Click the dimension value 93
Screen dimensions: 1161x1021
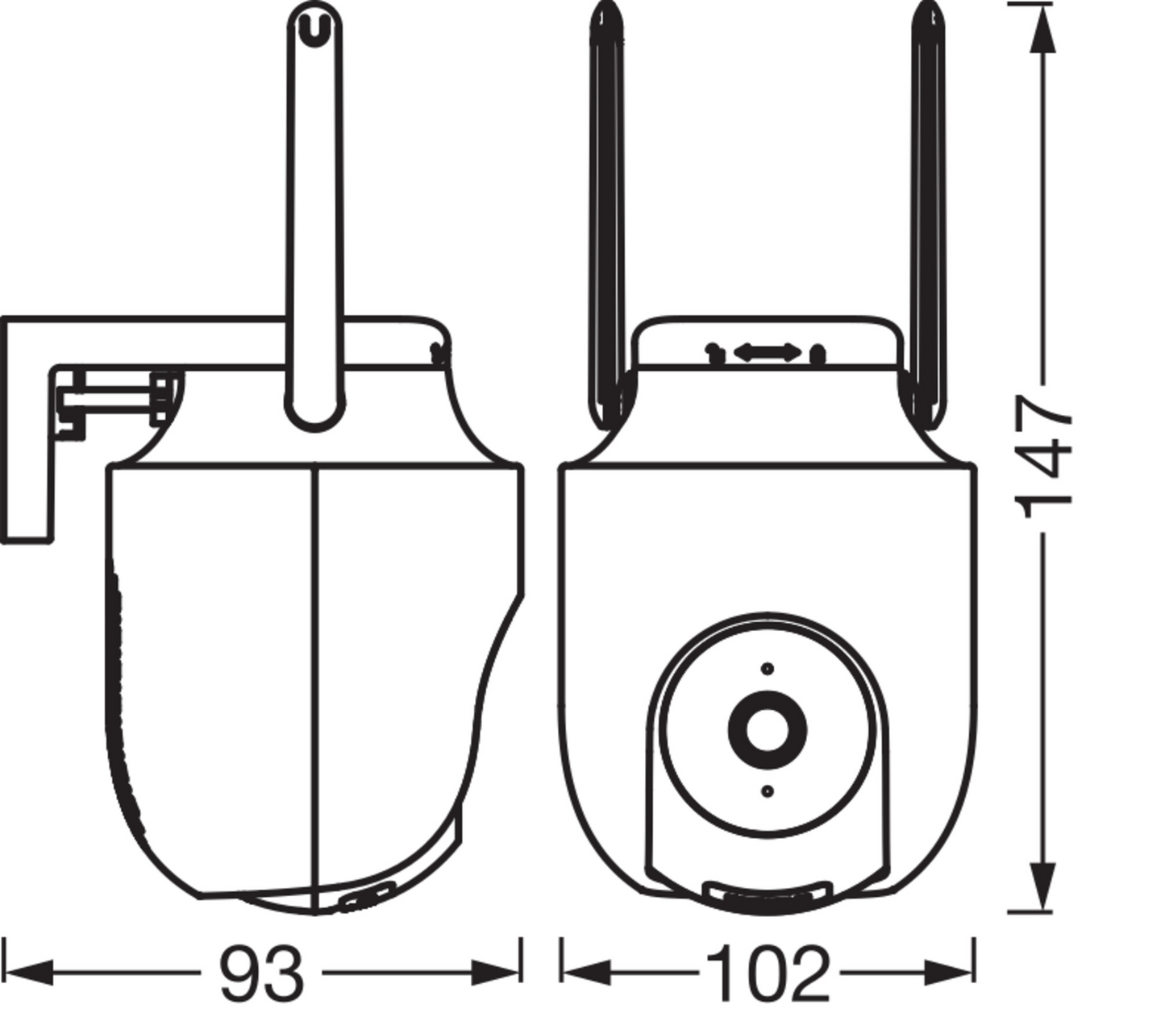click(261, 973)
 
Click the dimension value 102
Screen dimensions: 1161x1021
click(768, 973)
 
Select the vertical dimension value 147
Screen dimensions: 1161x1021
click(1043, 457)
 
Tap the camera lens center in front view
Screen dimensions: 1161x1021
click(768, 729)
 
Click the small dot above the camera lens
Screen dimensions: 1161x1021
click(768, 668)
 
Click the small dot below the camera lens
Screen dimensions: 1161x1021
click(768, 791)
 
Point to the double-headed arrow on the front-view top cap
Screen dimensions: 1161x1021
click(768, 352)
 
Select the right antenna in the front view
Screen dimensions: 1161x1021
click(928, 215)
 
